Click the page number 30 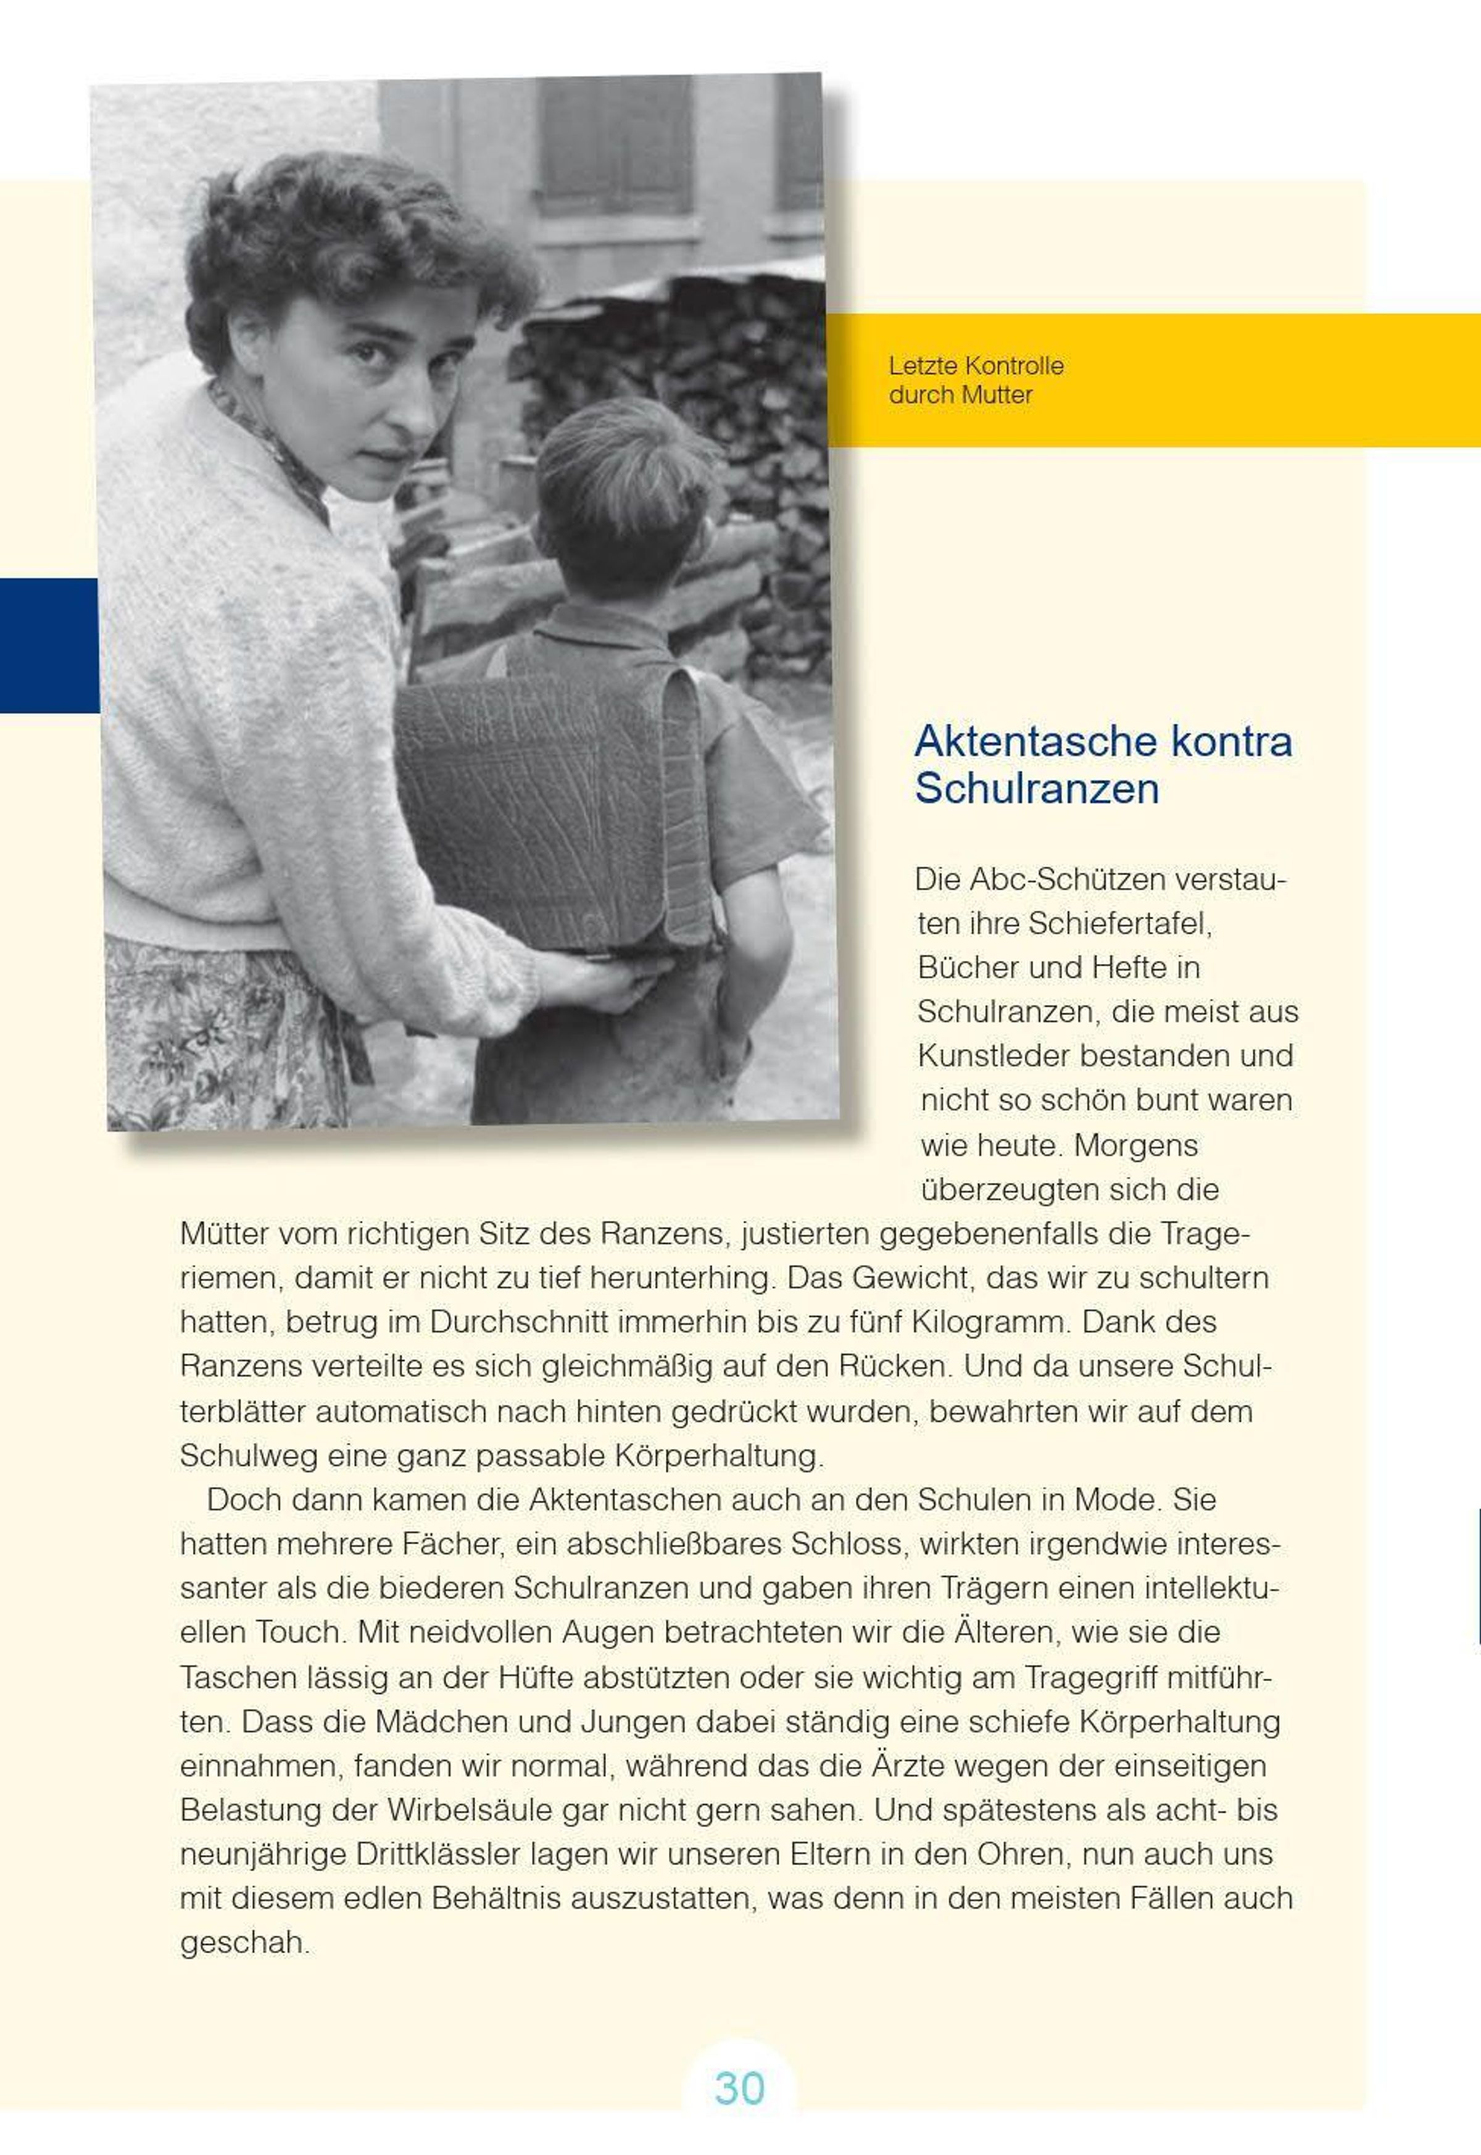point(739,2088)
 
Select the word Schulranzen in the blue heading point(1037,789)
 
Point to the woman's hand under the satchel point(603,984)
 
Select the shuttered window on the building point(612,149)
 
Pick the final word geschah point(243,1943)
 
